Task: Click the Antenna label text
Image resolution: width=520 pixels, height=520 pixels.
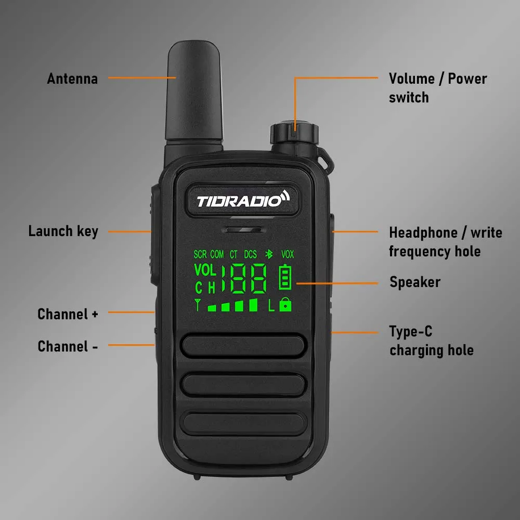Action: [72, 79]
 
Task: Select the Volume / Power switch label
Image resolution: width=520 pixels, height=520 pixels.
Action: [438, 88]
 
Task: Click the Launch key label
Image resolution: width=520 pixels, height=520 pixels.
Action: [63, 231]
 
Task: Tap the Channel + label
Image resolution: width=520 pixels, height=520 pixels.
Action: [68, 314]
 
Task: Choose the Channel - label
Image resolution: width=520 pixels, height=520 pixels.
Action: [68, 346]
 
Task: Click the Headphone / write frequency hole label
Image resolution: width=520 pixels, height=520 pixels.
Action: [445, 242]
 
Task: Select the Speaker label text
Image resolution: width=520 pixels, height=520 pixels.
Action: [415, 282]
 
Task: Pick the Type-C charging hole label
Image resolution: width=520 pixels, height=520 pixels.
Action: [431, 341]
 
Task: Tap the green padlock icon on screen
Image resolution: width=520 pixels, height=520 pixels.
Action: [285, 305]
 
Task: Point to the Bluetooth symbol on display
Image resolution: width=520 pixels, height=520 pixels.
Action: [269, 254]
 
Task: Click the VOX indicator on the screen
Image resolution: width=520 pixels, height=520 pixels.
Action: [288, 254]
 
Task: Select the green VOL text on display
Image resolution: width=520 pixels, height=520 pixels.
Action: [204, 270]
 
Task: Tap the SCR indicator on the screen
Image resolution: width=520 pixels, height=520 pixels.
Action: [200, 254]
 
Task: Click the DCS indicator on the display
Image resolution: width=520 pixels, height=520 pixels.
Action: [251, 254]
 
